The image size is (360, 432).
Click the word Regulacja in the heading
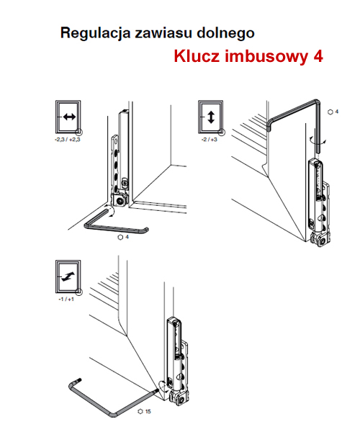[x=95, y=34]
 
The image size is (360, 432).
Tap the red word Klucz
[x=197, y=56]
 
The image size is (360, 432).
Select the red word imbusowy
[x=266, y=57]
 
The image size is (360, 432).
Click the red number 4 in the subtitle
[x=318, y=56]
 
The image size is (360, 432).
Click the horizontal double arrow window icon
[x=68, y=117]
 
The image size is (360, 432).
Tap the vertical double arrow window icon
[x=211, y=117]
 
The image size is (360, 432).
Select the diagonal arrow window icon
[x=68, y=276]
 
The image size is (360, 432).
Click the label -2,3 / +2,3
[x=68, y=140]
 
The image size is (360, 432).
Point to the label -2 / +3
[x=210, y=140]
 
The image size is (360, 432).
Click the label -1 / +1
[x=66, y=300]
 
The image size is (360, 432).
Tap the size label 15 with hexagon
[x=144, y=411]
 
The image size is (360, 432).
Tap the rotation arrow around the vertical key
[x=317, y=140]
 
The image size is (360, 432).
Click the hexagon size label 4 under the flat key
[x=123, y=237]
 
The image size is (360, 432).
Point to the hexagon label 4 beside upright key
[x=333, y=112]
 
